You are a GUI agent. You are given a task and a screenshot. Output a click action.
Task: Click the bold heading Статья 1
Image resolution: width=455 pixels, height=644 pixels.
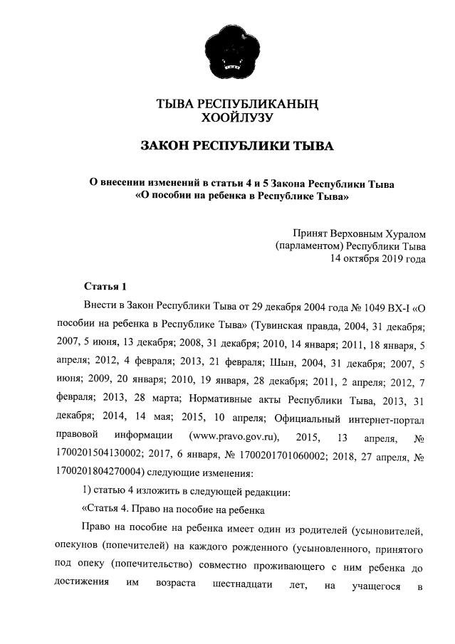coord(105,287)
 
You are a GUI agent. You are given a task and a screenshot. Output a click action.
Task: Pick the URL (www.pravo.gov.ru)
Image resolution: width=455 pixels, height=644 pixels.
coord(234,436)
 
